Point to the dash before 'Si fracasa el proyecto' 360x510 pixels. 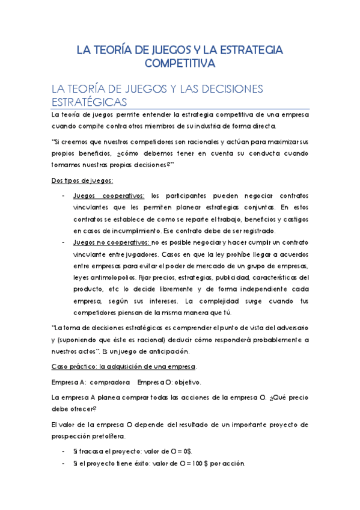coord(64,451)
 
